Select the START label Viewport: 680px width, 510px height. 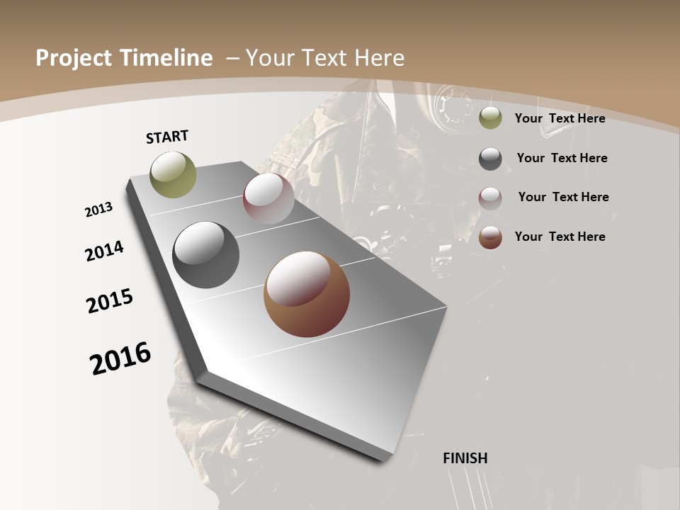[167, 137]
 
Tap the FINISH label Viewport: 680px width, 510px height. [465, 458]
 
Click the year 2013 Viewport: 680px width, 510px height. [98, 210]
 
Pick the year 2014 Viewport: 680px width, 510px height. [105, 251]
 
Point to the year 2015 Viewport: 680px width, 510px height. [110, 301]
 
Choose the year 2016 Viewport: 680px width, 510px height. [120, 358]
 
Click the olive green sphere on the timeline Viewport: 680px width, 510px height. [174, 174]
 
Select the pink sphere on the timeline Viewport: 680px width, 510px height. [268, 198]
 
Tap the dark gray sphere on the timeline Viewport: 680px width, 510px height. [206, 255]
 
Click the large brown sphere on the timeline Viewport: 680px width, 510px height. [307, 294]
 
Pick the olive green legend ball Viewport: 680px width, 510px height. [490, 118]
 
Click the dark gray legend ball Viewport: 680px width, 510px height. [490, 159]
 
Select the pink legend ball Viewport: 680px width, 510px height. [490, 198]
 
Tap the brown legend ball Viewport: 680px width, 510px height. [490, 237]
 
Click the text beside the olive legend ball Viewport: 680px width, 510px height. [560, 118]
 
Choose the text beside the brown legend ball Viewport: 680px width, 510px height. [560, 237]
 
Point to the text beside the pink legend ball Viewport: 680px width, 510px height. [563, 197]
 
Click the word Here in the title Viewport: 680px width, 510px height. [378, 58]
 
